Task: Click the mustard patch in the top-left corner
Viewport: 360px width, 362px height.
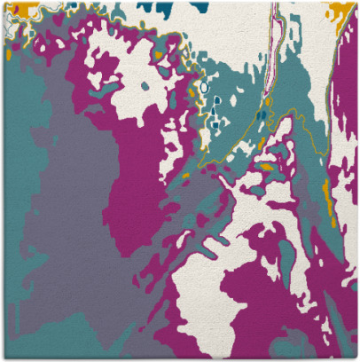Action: pyautogui.click(x=27, y=6)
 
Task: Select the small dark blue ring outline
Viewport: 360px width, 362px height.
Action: pyautogui.click(x=205, y=88)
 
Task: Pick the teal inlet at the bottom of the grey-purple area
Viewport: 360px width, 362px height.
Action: pyautogui.click(x=124, y=311)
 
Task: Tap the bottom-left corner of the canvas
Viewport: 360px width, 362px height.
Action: pyautogui.click(x=3, y=358)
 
